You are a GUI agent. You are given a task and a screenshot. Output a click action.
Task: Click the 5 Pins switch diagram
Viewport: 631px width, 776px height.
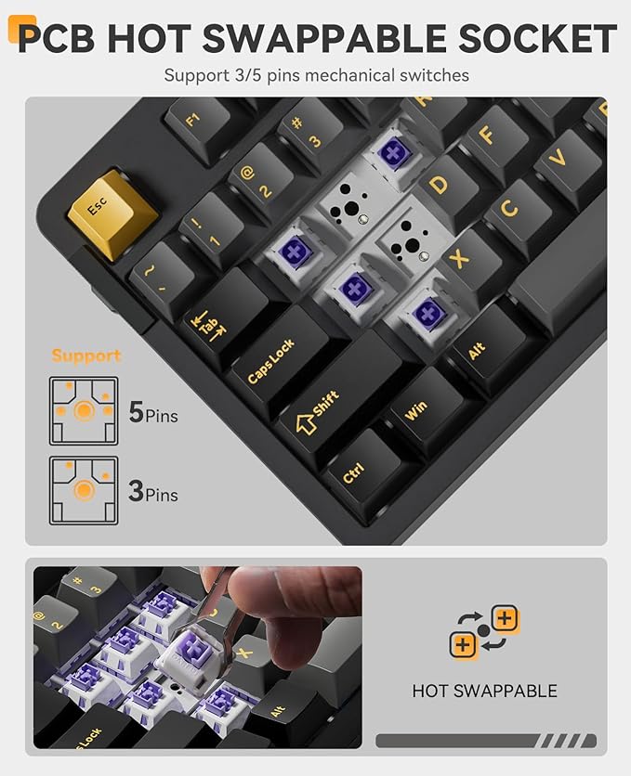[84, 410]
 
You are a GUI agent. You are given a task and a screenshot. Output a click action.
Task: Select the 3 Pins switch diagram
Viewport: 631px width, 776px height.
[84, 489]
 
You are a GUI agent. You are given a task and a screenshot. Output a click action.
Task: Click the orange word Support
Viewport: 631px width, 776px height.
[86, 356]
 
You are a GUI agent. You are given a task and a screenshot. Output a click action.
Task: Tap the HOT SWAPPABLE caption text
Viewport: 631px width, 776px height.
[484, 691]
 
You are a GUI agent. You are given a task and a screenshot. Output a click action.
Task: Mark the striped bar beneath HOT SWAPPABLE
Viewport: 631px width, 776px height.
[485, 740]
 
